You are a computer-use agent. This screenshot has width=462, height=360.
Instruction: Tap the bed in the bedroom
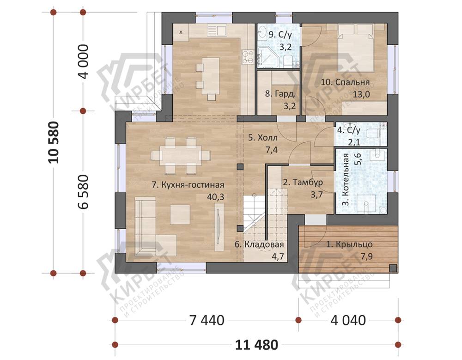click(x=356, y=48)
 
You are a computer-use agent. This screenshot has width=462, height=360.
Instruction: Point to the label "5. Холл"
click(x=262, y=138)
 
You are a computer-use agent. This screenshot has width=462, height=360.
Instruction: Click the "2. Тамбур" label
click(x=303, y=182)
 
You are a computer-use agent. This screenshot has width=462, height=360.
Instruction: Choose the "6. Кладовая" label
click(x=259, y=244)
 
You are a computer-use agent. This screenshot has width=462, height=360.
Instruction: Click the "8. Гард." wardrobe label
click(x=280, y=94)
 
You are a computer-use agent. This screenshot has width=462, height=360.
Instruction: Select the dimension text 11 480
click(x=256, y=345)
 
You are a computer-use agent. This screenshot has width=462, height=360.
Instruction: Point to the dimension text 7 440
click(x=207, y=320)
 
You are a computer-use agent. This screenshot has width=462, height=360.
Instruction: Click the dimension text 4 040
click(x=348, y=320)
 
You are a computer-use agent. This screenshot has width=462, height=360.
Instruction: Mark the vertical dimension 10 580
click(x=54, y=142)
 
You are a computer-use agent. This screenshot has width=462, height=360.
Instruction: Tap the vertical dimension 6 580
click(x=84, y=192)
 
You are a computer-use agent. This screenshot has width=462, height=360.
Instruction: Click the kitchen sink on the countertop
click(x=217, y=30)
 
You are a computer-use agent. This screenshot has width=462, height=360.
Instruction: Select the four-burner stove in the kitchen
click(x=248, y=56)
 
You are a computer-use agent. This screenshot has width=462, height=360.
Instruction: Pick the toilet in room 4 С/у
click(x=372, y=134)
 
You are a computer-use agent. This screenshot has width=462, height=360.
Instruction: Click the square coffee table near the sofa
click(x=180, y=214)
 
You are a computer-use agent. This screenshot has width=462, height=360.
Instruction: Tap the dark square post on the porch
click(x=393, y=268)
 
